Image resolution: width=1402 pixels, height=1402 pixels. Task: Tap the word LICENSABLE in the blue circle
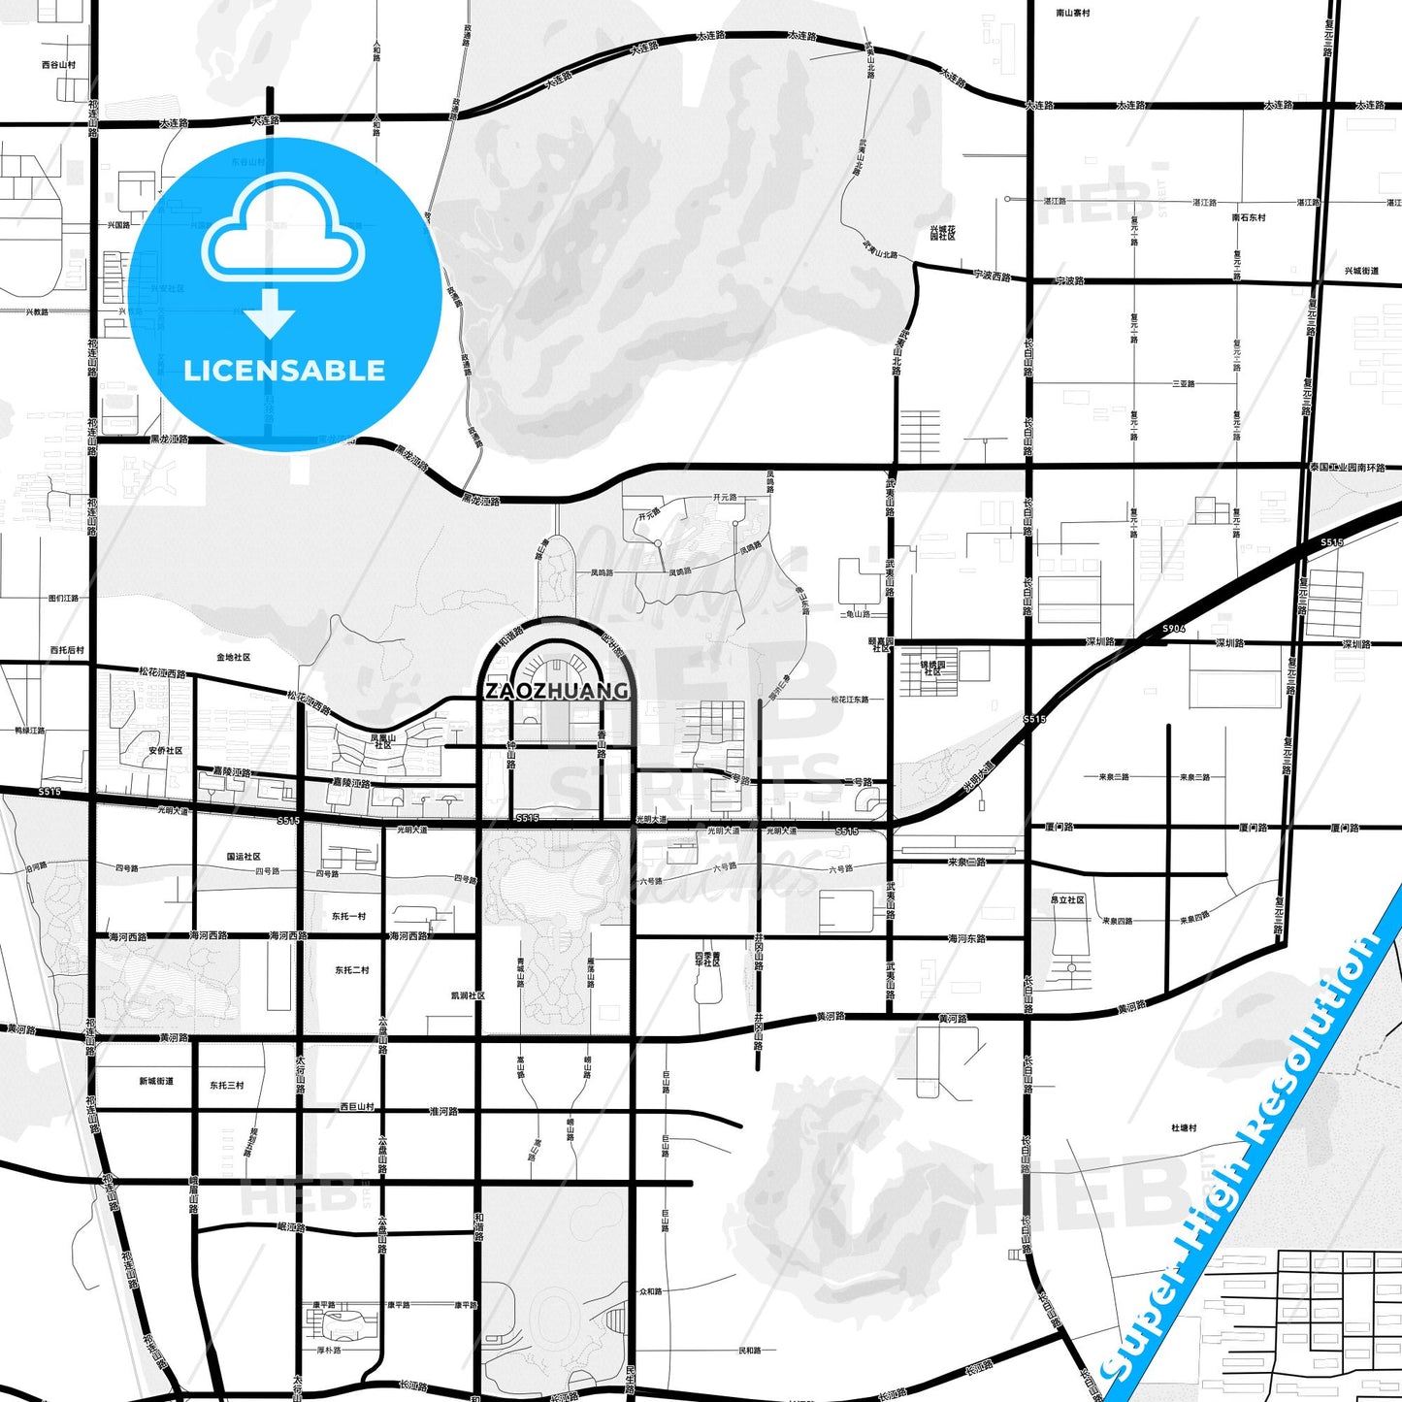click(284, 371)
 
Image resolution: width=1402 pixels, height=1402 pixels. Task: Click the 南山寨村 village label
click(1073, 14)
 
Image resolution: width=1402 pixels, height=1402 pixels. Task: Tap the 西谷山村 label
click(58, 65)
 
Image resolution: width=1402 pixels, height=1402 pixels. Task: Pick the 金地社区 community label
click(234, 657)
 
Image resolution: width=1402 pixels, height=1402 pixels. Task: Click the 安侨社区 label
click(166, 750)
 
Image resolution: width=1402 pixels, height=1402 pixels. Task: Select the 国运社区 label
click(244, 857)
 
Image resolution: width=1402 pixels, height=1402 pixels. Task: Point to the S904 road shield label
click(1174, 629)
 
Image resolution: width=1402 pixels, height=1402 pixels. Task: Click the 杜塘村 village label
click(1184, 1127)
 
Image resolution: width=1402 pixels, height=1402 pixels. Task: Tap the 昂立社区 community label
click(1067, 899)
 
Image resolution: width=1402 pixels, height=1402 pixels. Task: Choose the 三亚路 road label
click(1184, 384)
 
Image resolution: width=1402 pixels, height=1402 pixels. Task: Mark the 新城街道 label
click(155, 1081)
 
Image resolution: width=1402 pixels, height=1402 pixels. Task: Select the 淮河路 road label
click(442, 1111)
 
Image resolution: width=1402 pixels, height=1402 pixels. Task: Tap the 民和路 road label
click(750, 1350)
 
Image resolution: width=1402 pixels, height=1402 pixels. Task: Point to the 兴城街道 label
click(1361, 271)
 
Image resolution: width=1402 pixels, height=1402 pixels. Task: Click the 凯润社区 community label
click(468, 995)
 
